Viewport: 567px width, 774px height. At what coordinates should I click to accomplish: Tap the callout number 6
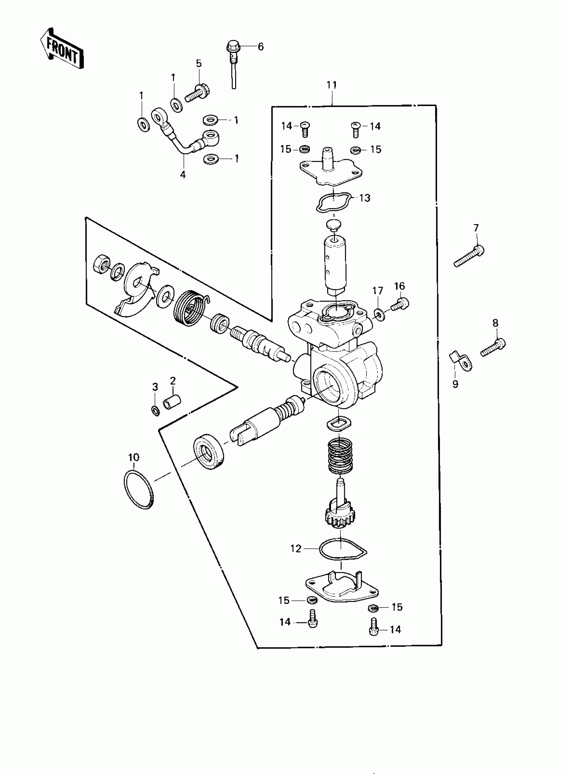tap(260, 47)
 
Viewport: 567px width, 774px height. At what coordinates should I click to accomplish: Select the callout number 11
tap(332, 85)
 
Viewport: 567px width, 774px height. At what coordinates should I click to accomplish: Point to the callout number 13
tap(365, 198)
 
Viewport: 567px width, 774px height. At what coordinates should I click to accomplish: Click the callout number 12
tap(296, 549)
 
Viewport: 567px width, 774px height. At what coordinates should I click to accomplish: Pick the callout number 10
tap(134, 457)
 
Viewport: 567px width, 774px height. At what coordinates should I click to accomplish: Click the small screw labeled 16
tap(400, 304)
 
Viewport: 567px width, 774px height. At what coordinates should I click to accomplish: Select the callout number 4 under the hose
tap(182, 175)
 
